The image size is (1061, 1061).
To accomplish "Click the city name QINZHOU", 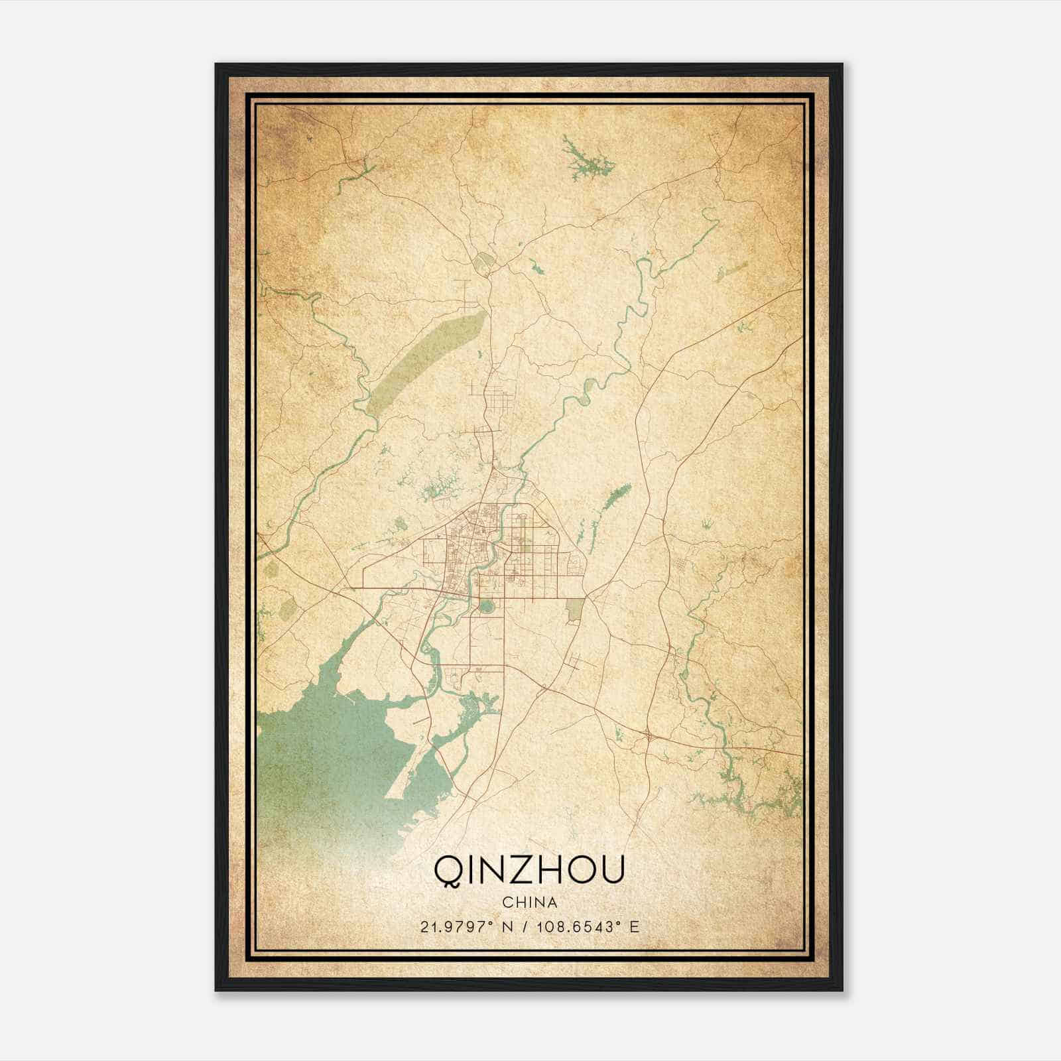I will [529, 870].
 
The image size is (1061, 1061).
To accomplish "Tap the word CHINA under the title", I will [529, 903].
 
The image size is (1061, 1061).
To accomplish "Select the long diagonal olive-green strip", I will [424, 358].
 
